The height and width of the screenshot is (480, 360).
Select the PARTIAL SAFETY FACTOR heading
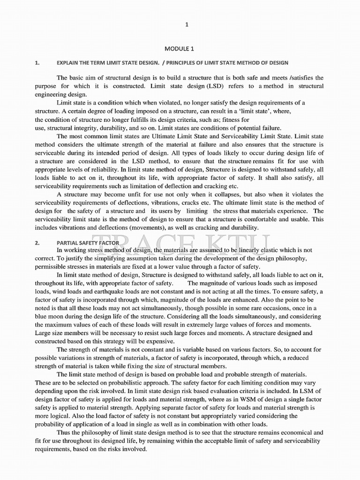point(88,242)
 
